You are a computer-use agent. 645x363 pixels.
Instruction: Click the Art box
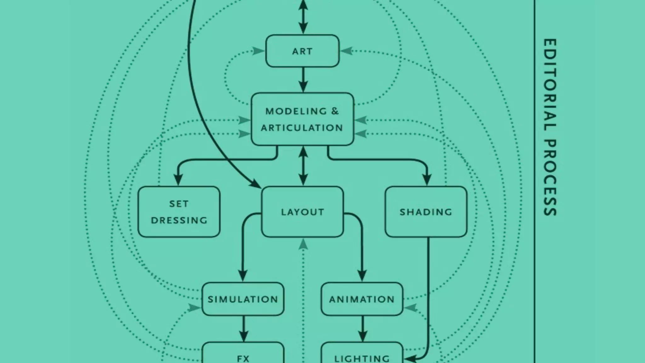(x=302, y=51)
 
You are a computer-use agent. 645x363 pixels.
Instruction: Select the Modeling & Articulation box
(x=302, y=119)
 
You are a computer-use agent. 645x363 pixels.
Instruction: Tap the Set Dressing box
(x=179, y=212)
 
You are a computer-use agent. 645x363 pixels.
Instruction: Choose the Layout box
(x=302, y=212)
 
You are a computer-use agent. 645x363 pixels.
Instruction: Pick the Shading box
(x=426, y=212)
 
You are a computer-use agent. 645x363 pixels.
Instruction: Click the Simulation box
(x=243, y=299)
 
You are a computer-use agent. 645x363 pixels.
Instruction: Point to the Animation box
(x=362, y=299)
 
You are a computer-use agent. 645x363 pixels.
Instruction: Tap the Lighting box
(x=362, y=356)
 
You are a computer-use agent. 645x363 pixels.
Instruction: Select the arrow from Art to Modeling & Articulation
(x=303, y=80)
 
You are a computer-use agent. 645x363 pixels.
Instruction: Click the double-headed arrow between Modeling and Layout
(x=303, y=166)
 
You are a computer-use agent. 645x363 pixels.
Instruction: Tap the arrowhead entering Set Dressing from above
(x=178, y=180)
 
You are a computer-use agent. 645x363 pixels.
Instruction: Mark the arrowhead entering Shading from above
(x=427, y=180)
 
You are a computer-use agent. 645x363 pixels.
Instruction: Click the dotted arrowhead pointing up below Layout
(x=303, y=244)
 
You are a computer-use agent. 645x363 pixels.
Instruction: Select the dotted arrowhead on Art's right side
(x=347, y=51)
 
